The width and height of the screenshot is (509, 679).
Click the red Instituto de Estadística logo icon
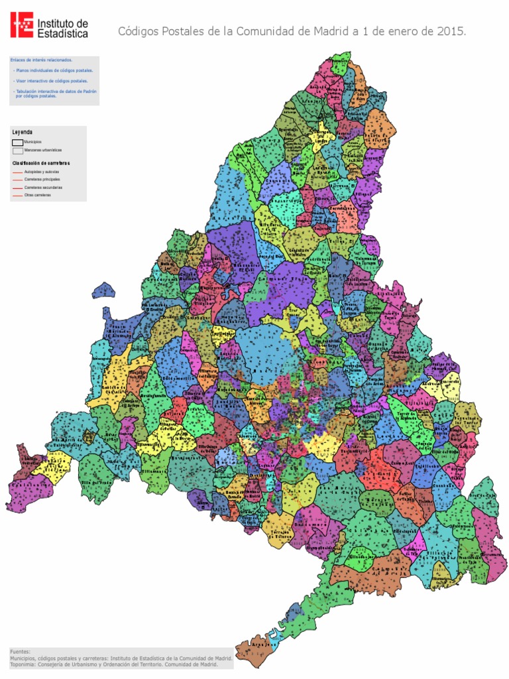pyautogui.click(x=22, y=25)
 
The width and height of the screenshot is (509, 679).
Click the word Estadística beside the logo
pyautogui.click(x=62, y=32)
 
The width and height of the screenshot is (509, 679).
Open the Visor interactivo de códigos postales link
pyautogui.click(x=52, y=81)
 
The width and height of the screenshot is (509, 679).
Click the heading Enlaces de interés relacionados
pyautogui.click(x=41, y=60)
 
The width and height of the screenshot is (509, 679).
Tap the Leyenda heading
pyautogui.click(x=22, y=132)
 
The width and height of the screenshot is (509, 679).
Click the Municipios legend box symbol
pyautogui.click(x=17, y=142)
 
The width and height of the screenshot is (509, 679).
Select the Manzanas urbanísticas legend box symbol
pyautogui.click(x=17, y=151)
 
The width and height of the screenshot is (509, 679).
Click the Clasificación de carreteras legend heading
pyautogui.click(x=40, y=162)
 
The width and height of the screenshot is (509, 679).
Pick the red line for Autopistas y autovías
pyautogui.click(x=17, y=172)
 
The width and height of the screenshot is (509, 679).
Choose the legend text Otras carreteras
pyautogui.click(x=37, y=196)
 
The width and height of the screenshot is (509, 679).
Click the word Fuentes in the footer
pyautogui.click(x=20, y=652)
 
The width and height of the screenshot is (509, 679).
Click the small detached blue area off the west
pyautogui.click(x=103, y=290)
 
